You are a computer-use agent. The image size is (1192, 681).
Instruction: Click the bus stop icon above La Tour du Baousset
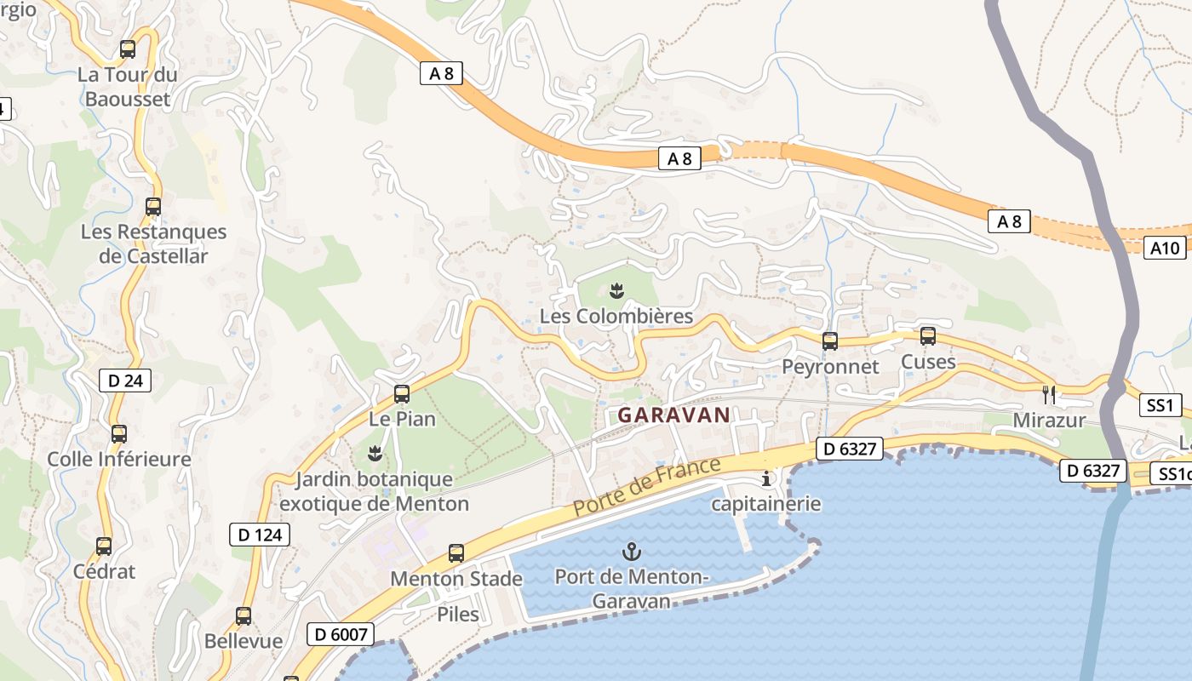tap(128, 49)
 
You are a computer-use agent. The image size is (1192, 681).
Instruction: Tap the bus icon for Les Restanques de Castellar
tap(153, 207)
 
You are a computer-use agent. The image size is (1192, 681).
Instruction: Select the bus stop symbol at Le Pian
tap(402, 394)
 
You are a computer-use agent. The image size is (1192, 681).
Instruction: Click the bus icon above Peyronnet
tap(830, 341)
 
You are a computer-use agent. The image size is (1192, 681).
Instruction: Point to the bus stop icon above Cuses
tap(928, 336)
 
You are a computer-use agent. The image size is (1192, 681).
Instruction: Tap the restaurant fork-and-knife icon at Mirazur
tap(1049, 395)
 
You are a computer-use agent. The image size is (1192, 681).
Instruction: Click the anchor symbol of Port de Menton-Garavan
tap(631, 552)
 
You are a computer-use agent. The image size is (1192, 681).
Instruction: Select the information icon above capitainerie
tap(766, 478)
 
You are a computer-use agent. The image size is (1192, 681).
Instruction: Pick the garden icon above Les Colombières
tap(617, 291)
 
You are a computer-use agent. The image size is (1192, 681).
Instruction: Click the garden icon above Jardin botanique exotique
tap(374, 453)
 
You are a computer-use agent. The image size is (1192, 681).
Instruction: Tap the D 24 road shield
tap(125, 381)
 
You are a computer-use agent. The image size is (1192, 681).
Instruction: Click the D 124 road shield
tap(260, 535)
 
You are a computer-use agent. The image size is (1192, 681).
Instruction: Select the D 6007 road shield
tap(341, 634)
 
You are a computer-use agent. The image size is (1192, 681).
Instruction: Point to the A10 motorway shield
tap(1165, 248)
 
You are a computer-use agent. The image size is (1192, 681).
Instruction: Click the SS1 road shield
tap(1160, 405)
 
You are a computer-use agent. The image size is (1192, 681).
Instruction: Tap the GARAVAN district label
tap(673, 415)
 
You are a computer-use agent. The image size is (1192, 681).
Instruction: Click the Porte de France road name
tap(646, 487)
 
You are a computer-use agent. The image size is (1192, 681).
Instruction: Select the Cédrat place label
tap(104, 571)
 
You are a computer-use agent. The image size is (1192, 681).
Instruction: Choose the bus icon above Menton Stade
tap(456, 553)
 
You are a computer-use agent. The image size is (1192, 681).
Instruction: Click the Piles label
tap(458, 614)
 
